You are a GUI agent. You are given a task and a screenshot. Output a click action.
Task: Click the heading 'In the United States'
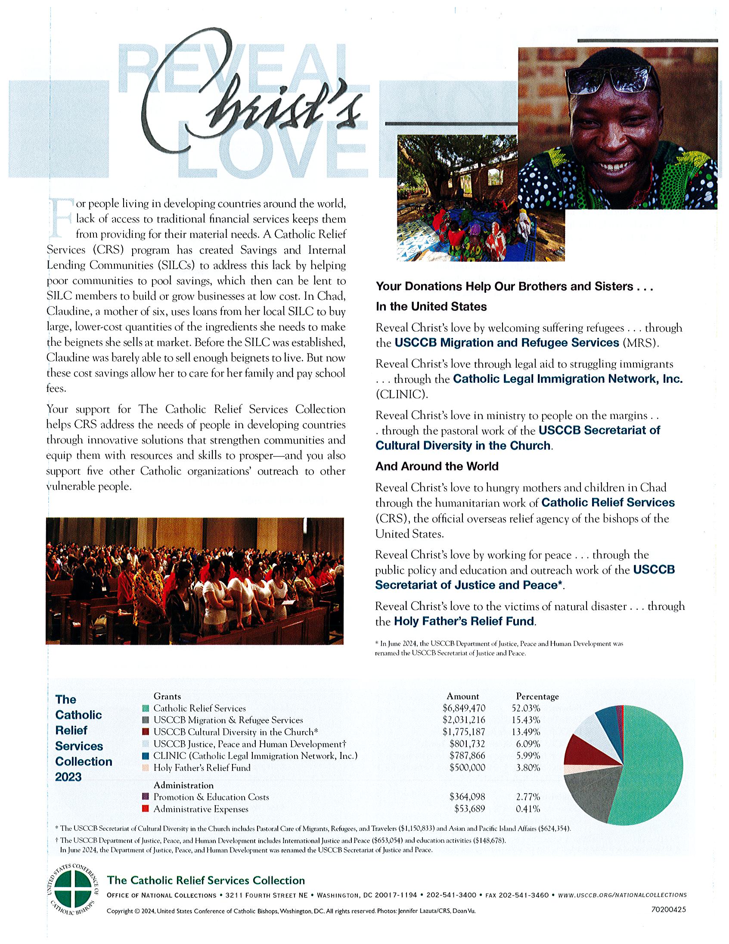point(431,307)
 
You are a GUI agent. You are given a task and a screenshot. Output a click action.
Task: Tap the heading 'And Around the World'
point(437,466)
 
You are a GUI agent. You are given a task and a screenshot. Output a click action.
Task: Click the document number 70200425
point(668,910)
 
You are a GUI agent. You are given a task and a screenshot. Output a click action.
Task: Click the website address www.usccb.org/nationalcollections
point(622,895)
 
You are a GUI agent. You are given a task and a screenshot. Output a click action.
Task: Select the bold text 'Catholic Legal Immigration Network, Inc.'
point(568,379)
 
